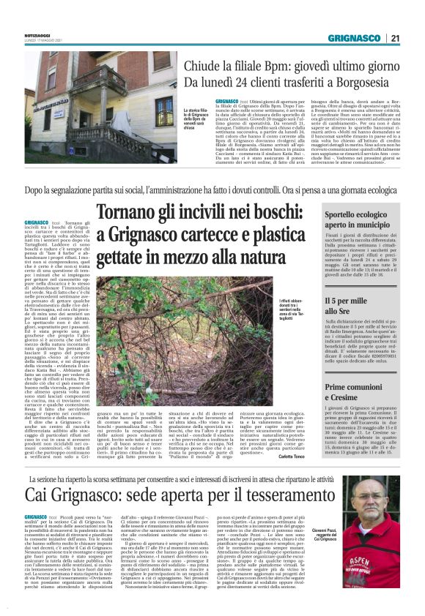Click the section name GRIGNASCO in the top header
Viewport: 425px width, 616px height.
354,37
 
